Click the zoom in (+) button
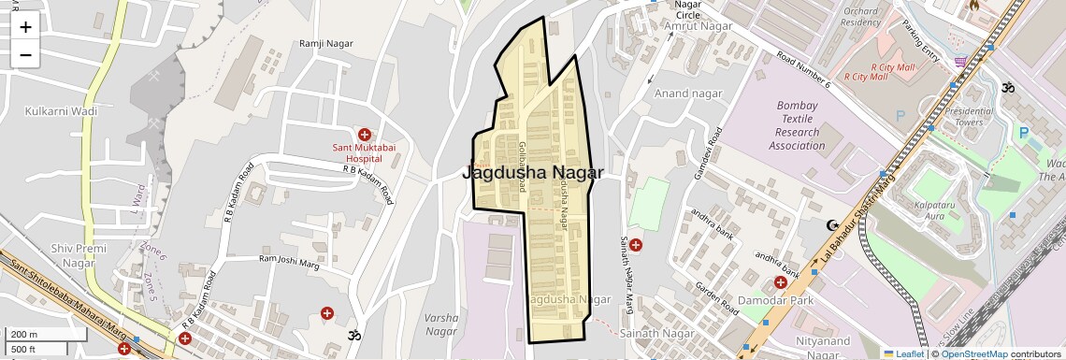25,27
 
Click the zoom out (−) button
25,55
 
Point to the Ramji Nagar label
324,44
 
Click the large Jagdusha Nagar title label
533,173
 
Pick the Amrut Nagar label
698,26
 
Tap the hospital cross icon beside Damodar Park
780,281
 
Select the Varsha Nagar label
441,324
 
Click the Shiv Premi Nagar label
73,255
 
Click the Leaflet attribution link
903,353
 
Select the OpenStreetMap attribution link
973,353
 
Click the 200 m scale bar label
23,335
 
